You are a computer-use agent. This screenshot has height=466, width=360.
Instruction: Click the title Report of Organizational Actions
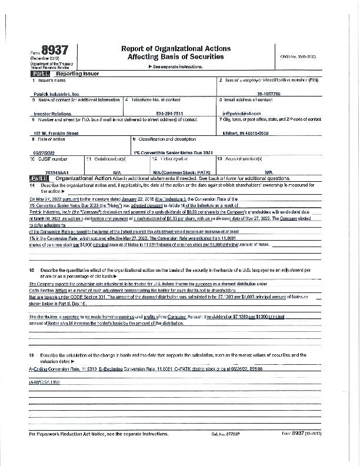175,48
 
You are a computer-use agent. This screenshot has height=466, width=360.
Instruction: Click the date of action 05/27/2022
42,152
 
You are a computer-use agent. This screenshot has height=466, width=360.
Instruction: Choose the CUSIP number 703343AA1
45,172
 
